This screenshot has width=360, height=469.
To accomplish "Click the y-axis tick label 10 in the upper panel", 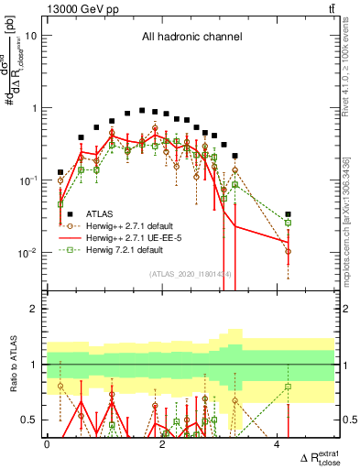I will pos(32,36).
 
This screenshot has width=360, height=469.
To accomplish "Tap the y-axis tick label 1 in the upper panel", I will pos(35,108).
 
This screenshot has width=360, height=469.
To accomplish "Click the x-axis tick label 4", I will pos(277,445).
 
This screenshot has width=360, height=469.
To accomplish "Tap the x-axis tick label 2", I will pos(161,445).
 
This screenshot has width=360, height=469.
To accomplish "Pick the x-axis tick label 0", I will pos(47,445).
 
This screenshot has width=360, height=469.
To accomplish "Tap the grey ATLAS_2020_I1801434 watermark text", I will pos(191,274).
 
